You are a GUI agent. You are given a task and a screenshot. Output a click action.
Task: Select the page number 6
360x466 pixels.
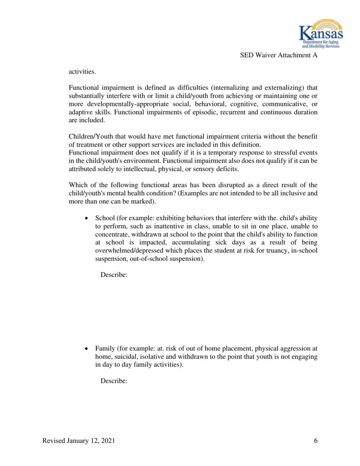pyautogui.click(x=316, y=442)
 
